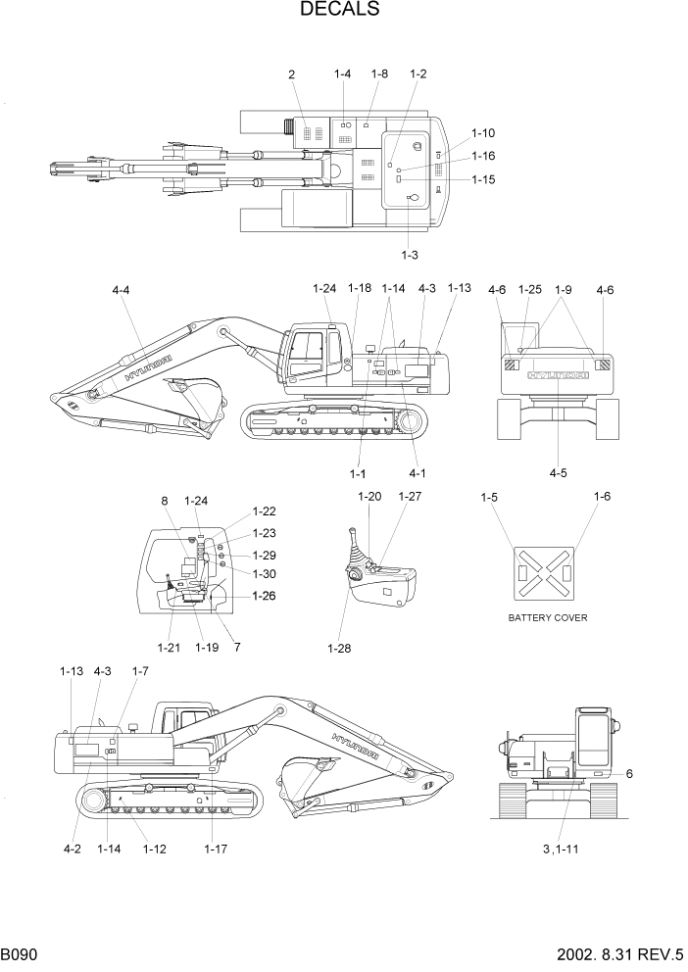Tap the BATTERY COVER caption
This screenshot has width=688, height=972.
pyautogui.click(x=548, y=618)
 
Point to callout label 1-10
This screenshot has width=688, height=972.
pyautogui.click(x=483, y=132)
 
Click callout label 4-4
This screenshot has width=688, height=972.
pyautogui.click(x=122, y=290)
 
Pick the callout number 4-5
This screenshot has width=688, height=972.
pyautogui.click(x=558, y=472)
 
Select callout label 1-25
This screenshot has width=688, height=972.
pyautogui.click(x=529, y=289)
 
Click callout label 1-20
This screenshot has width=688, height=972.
pyautogui.click(x=369, y=497)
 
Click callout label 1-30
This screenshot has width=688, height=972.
pyautogui.click(x=265, y=573)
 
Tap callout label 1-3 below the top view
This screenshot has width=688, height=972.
pyautogui.click(x=410, y=255)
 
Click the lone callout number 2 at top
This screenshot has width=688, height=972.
pyautogui.click(x=292, y=74)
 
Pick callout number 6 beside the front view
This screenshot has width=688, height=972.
pyautogui.click(x=628, y=773)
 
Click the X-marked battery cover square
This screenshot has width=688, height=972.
pyautogui.click(x=548, y=572)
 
